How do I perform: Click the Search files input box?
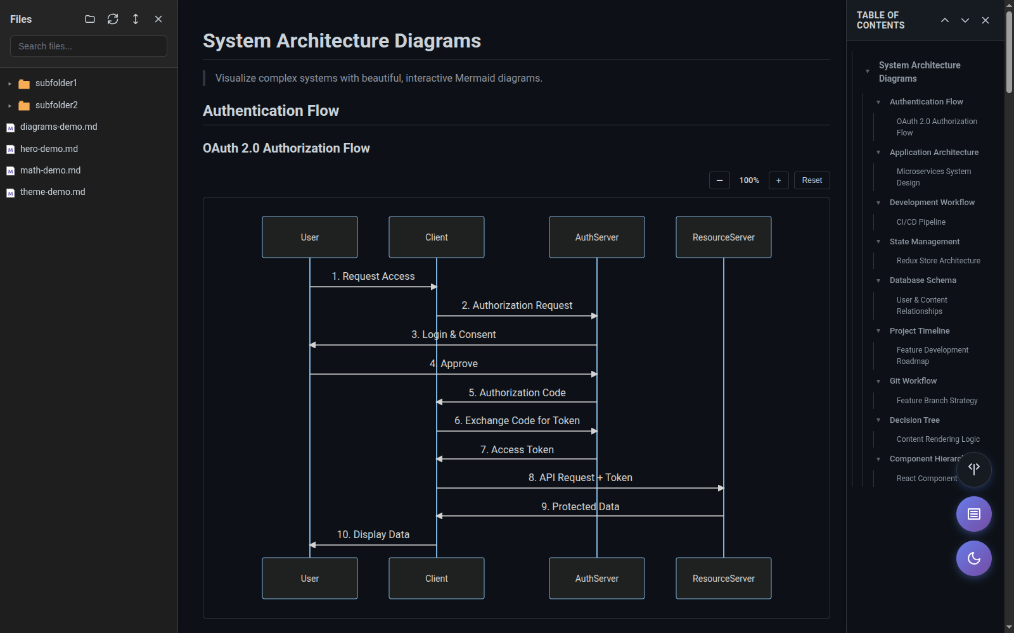89,46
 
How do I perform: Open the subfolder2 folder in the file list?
56,105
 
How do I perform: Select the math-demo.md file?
50,170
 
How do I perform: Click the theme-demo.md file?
52,192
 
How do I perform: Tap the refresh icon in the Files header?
113,19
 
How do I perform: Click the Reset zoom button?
811,180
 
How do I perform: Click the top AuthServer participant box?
596,237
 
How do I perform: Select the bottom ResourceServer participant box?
723,579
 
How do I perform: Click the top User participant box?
310,237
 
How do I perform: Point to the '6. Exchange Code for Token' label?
517,421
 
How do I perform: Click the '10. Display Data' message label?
373,535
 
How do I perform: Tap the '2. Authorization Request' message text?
517,306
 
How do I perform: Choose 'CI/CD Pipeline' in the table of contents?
920,222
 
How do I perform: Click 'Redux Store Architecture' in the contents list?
938,261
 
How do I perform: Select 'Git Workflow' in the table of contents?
913,381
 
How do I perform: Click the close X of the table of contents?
985,20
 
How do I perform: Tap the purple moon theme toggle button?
973,558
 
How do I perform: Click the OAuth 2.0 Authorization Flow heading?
286,148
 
